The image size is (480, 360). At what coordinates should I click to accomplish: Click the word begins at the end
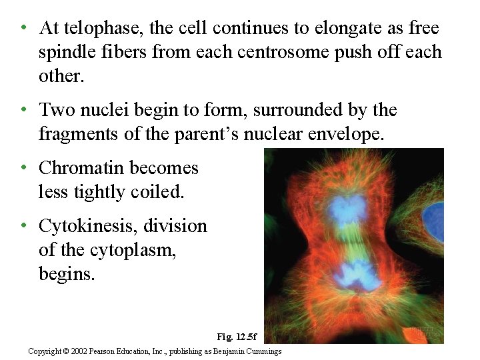pos(67,273)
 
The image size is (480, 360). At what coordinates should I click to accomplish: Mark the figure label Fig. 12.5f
pos(237,337)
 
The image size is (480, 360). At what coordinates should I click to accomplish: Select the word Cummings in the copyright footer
pos(263,351)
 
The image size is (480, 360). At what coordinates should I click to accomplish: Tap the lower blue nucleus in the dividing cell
pos(350,275)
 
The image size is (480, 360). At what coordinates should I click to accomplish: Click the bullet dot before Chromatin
pos(24,168)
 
